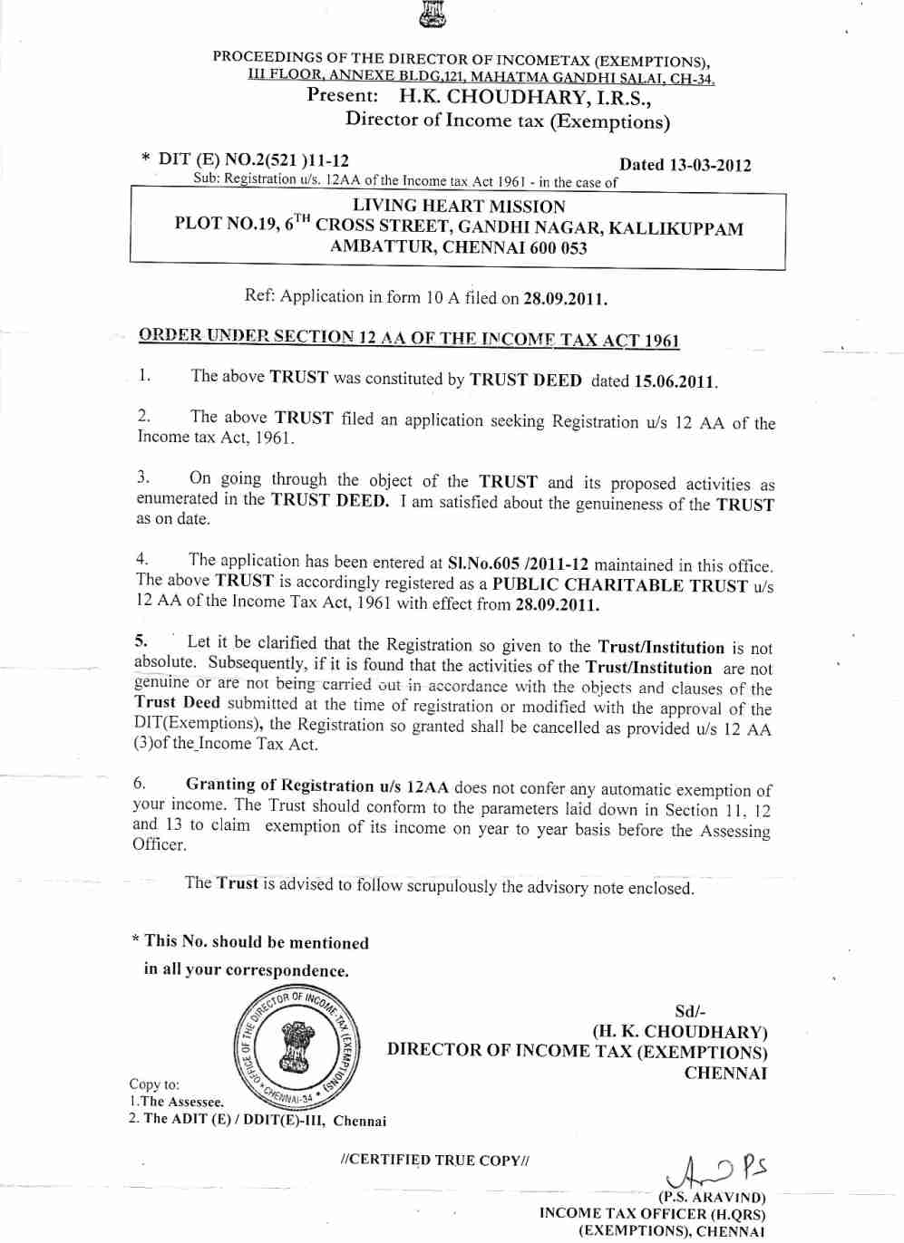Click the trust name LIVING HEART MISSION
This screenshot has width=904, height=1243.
(458, 207)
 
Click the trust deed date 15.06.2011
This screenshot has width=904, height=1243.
(675, 381)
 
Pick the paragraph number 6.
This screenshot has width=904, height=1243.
(139, 784)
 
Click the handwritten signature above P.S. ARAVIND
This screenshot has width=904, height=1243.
(715, 1170)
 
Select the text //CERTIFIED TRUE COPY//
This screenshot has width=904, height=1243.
(434, 1160)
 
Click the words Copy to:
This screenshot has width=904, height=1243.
(154, 1084)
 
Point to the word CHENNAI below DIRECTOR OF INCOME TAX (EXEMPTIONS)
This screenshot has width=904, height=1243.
(725, 1074)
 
